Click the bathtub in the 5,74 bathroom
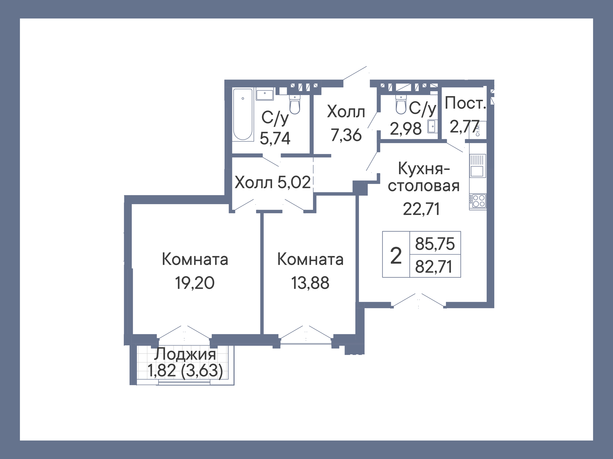(x=243, y=114)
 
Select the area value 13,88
(x=310, y=283)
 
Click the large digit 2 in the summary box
(x=396, y=256)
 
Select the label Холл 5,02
(x=272, y=182)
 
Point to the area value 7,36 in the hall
(x=346, y=135)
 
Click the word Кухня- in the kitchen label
(x=424, y=168)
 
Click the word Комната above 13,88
(x=310, y=259)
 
